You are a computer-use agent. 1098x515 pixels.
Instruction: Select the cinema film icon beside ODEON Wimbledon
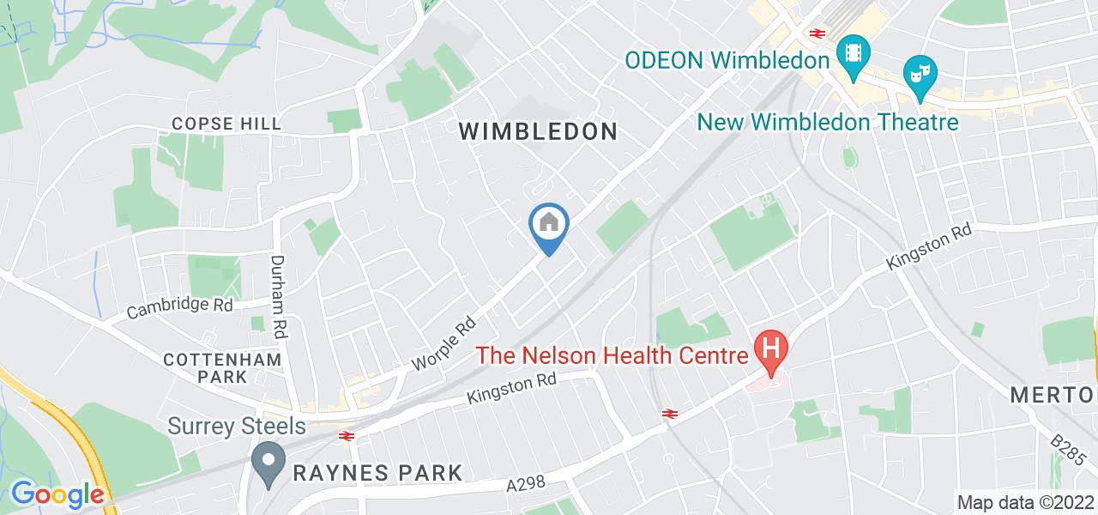pyautogui.click(x=854, y=52)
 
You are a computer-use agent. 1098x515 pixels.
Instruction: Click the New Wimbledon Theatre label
pyautogui.click(x=827, y=122)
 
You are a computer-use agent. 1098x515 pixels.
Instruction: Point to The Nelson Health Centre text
pyautogui.click(x=612, y=354)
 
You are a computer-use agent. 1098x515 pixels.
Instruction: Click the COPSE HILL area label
pyautogui.click(x=226, y=124)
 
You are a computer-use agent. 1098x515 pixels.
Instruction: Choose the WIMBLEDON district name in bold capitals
pyautogui.click(x=538, y=131)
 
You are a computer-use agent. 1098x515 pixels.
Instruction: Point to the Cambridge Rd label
pyautogui.click(x=179, y=306)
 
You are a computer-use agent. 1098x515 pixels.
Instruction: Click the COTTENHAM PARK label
pyautogui.click(x=223, y=367)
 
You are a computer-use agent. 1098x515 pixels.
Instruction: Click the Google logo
pyautogui.click(x=57, y=494)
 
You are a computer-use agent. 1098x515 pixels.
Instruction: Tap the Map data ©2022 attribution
pyautogui.click(x=1025, y=502)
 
